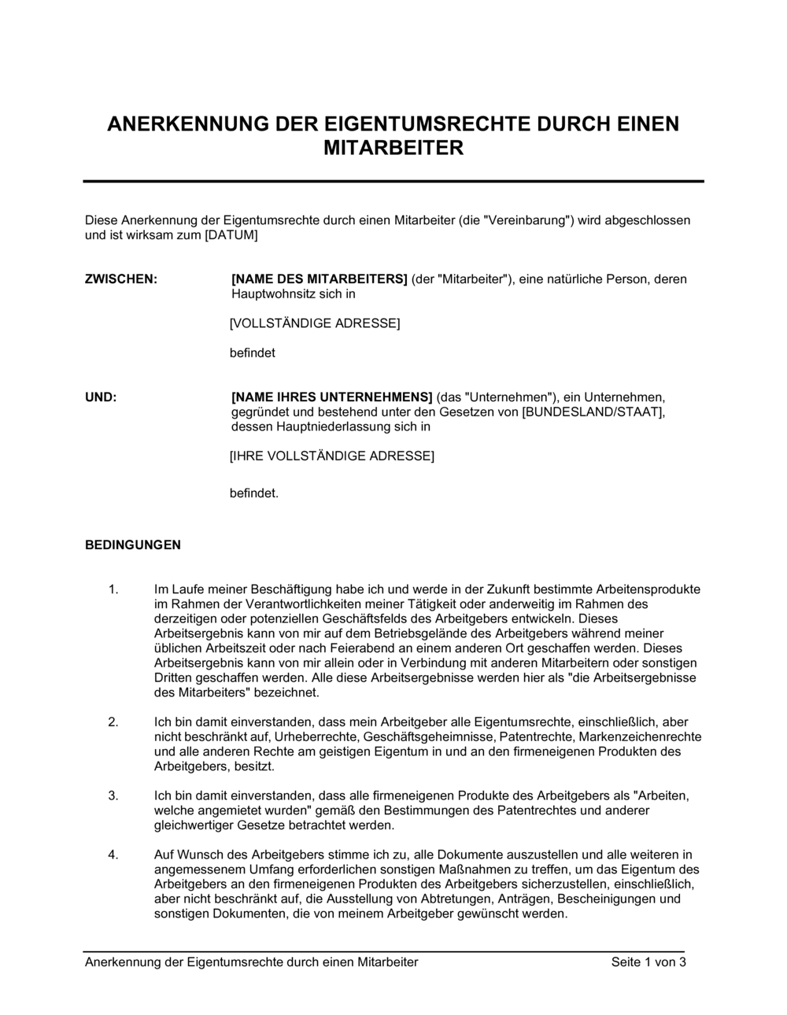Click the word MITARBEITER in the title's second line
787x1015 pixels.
click(x=393, y=148)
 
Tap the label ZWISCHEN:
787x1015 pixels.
click(x=120, y=279)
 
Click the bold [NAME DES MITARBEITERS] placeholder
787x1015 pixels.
click(x=319, y=279)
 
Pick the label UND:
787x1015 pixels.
click(x=101, y=397)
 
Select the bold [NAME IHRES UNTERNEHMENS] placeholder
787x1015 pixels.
click(x=331, y=397)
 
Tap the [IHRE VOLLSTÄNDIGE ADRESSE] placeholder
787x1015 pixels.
click(x=331, y=456)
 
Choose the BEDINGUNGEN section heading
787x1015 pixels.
click(x=133, y=544)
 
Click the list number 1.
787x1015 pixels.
click(x=113, y=589)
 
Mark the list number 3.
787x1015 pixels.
click(x=113, y=795)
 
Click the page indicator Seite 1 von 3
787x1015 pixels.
click(x=648, y=962)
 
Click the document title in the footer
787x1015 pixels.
click(x=252, y=962)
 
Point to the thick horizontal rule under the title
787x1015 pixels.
click(x=393, y=181)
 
